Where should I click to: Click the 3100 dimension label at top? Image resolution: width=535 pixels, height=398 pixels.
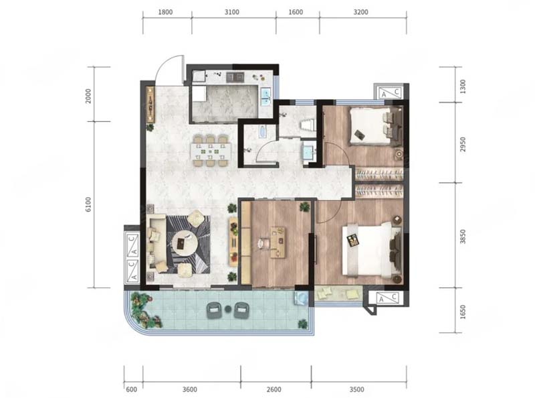[x=231, y=12]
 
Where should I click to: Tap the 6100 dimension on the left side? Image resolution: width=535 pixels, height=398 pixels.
[x=89, y=204]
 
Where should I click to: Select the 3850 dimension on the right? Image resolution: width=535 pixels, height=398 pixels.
[x=463, y=237]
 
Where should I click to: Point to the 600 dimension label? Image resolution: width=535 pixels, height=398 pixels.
[x=131, y=389]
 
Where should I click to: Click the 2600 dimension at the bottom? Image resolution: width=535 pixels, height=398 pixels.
[x=274, y=389]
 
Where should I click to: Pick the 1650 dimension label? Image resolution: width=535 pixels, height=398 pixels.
[x=463, y=312]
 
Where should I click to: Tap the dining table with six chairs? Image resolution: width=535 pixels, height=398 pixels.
[x=211, y=151]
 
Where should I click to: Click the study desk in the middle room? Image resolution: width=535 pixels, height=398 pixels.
[x=278, y=242]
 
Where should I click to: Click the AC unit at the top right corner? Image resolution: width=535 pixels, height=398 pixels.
[x=390, y=92]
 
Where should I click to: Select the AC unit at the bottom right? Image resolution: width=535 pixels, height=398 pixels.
[x=389, y=297]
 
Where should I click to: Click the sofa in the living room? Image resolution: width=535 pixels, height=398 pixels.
[x=158, y=243]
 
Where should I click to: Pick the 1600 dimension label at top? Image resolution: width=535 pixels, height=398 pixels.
[x=296, y=12]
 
